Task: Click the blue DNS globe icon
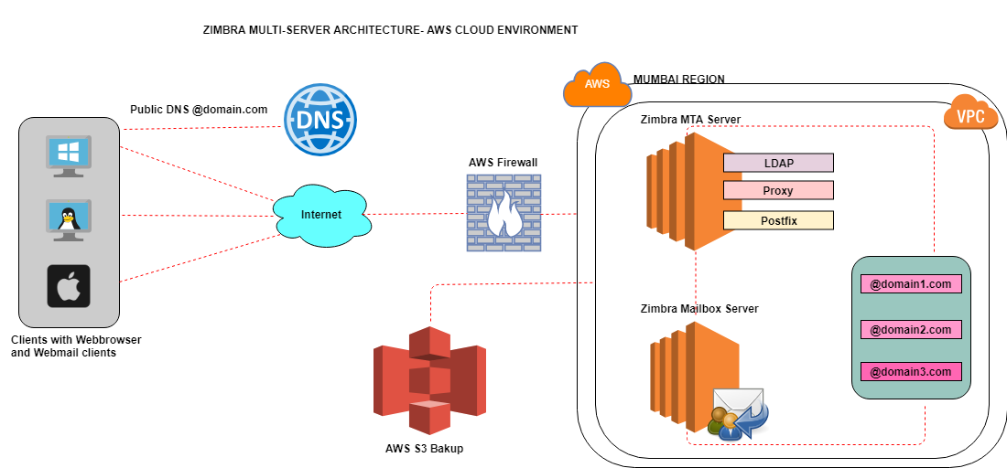319,120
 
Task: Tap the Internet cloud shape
321,215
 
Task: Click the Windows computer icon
68,156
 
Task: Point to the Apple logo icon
69,286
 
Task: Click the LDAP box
778,163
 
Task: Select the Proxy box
778,191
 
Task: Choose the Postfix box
778,220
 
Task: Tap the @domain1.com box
911,284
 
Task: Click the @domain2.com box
911,329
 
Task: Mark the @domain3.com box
911,372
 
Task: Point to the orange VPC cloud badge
970,116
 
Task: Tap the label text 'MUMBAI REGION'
678,80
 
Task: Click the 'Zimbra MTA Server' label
690,119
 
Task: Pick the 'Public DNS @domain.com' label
199,110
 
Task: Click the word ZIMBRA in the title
224,30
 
